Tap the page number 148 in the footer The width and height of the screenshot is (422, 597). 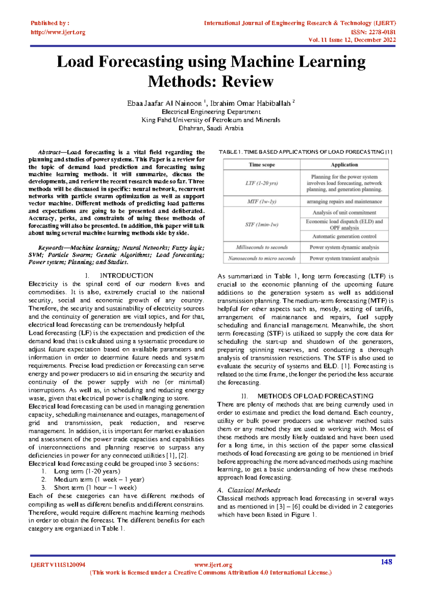click(386, 562)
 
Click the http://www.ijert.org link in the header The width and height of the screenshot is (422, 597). click(58, 32)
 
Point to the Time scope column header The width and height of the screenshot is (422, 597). click(262, 165)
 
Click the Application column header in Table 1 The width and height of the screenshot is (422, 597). click(344, 165)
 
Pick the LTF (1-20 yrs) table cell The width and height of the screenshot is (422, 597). click(262, 183)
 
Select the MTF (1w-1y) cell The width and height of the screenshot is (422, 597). click(262, 201)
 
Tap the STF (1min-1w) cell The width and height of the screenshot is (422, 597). click(262, 225)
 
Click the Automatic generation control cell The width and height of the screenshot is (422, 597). click(344, 237)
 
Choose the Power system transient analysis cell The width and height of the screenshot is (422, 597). click(344, 258)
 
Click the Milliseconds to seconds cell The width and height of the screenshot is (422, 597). click(262, 247)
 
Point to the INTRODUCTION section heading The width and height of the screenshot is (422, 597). click(126, 276)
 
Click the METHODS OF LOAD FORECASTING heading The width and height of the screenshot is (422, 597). click(315, 396)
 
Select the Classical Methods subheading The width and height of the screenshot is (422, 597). click(254, 490)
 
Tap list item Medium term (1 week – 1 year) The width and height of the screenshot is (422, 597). click(99, 479)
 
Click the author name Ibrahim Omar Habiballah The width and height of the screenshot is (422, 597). click(250, 103)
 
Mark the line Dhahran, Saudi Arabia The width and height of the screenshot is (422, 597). click(211, 128)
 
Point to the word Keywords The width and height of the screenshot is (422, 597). click(50, 248)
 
